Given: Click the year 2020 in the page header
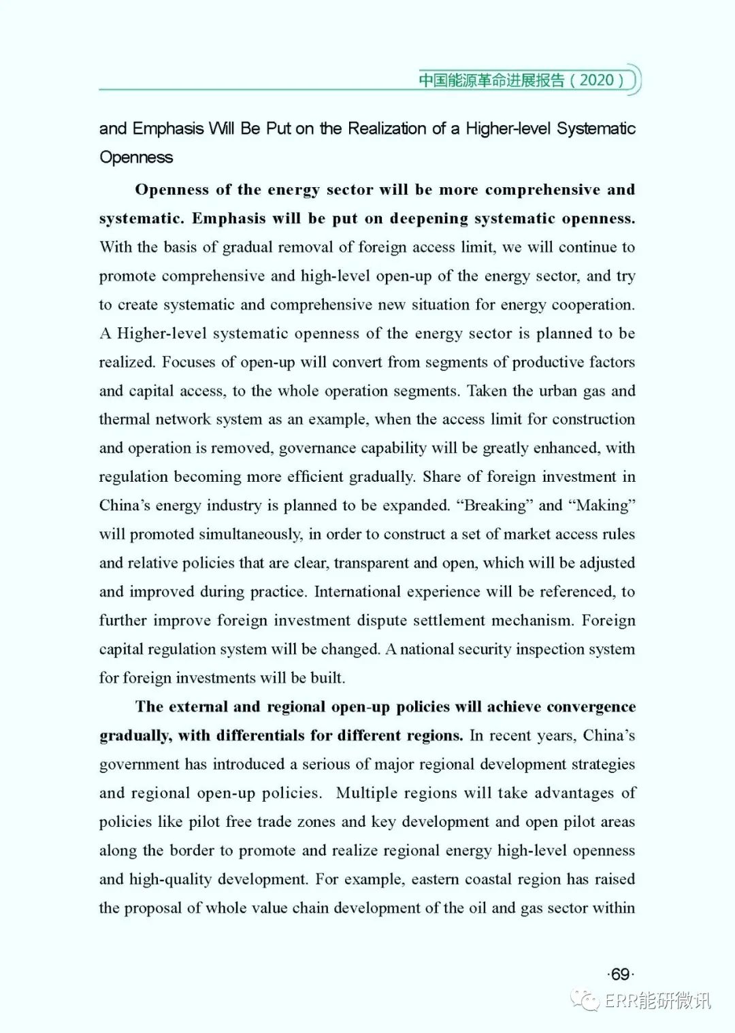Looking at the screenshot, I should tap(597, 80).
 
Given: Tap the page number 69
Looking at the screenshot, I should tap(620, 974).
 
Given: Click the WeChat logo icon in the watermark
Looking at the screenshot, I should tap(585, 1000).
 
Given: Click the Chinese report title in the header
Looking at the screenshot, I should tap(491, 80).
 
